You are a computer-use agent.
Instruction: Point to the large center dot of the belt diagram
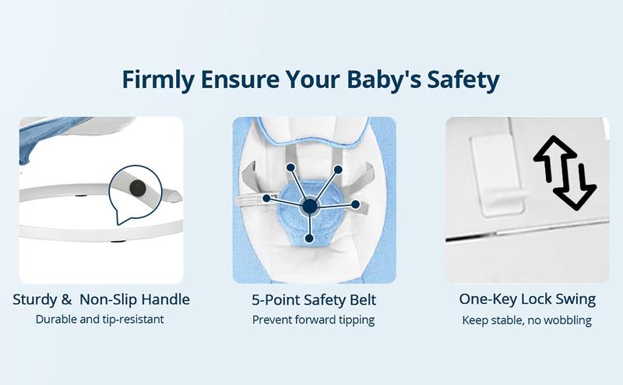310,206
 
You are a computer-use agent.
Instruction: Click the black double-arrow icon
564,172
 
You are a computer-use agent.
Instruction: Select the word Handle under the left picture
164,299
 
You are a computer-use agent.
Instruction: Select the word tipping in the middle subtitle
356,320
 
